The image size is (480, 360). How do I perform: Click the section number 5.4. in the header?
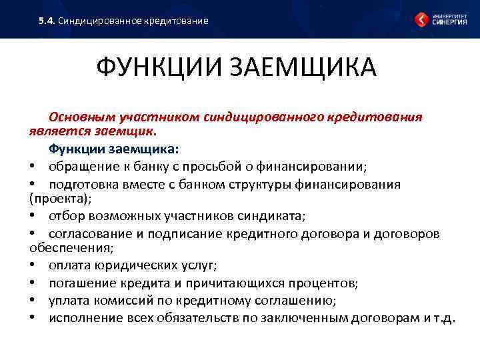47,21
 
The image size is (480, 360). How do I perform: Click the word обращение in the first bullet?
80,166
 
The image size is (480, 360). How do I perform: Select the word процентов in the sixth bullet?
323,283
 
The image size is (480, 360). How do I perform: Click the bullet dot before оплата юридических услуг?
32,265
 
